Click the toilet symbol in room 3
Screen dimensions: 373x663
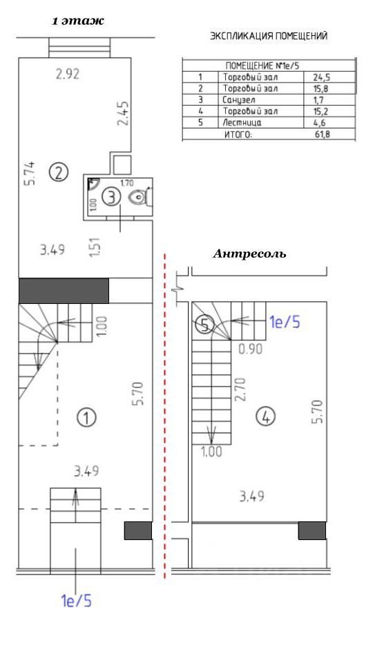(x=140, y=197)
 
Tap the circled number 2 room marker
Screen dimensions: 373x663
(x=59, y=172)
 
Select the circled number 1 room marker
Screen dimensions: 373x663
(x=86, y=418)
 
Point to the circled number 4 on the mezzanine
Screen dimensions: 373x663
(x=266, y=418)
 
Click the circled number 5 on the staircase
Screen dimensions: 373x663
(x=205, y=325)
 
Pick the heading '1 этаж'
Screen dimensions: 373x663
(x=77, y=21)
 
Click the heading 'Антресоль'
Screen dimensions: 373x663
(x=249, y=254)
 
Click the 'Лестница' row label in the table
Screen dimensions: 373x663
(x=242, y=123)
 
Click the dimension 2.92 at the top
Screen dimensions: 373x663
(x=68, y=75)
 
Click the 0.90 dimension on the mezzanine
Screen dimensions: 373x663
(x=250, y=349)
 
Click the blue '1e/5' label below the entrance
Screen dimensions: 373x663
(x=77, y=600)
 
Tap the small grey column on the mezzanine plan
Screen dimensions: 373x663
(x=312, y=530)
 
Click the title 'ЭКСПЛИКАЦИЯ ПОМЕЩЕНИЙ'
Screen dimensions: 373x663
(x=269, y=37)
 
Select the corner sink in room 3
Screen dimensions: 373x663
(x=93, y=184)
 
